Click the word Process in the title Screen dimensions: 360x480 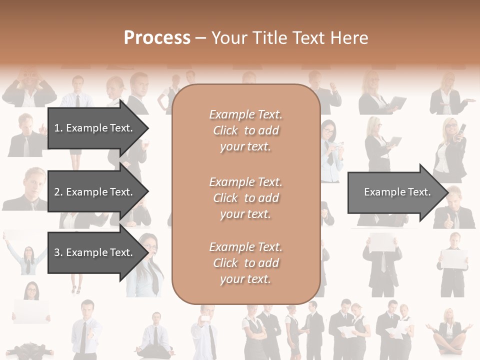click(157, 38)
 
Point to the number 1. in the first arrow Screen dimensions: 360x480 click(58, 128)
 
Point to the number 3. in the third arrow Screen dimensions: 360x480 click(58, 252)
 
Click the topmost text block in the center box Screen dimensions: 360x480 click(245, 130)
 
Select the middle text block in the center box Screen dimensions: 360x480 click(245, 198)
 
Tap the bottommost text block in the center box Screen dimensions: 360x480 click(245, 263)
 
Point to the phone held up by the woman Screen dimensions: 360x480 click(461, 129)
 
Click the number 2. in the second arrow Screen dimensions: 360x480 click(58, 192)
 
